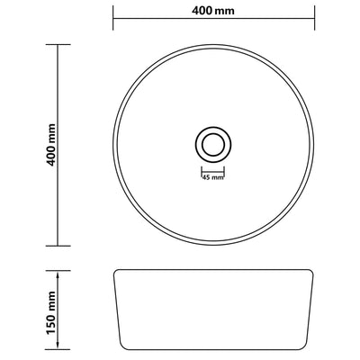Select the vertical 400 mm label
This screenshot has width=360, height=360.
[34, 144]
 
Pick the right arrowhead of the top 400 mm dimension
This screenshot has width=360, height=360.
[316, 16]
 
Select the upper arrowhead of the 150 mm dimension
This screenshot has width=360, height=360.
[59, 270]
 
